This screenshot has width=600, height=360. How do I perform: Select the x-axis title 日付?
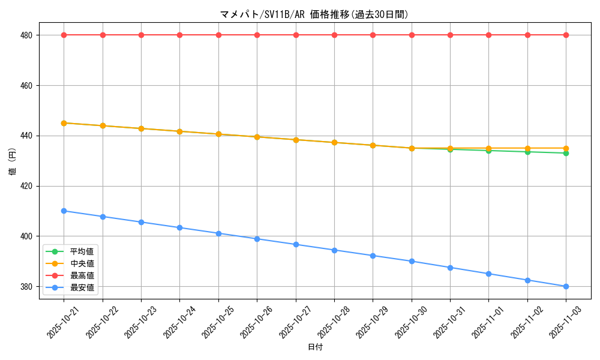click(x=315, y=347)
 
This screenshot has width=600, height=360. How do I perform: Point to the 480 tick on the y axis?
click(x=26, y=35)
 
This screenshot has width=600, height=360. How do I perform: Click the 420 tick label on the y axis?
click(x=26, y=186)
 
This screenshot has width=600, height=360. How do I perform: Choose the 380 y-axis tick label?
click(x=26, y=286)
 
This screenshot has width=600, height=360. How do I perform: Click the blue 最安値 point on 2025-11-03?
click(x=566, y=286)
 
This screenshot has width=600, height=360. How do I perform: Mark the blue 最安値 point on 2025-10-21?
click(x=64, y=211)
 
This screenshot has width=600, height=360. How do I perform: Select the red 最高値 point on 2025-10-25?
click(x=218, y=35)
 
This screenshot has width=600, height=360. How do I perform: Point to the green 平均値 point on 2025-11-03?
click(x=566, y=153)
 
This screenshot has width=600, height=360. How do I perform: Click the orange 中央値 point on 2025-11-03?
click(x=566, y=148)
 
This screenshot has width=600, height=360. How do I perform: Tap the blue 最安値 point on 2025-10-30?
click(x=412, y=261)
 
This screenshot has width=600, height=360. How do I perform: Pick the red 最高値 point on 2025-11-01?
click(x=488, y=35)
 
